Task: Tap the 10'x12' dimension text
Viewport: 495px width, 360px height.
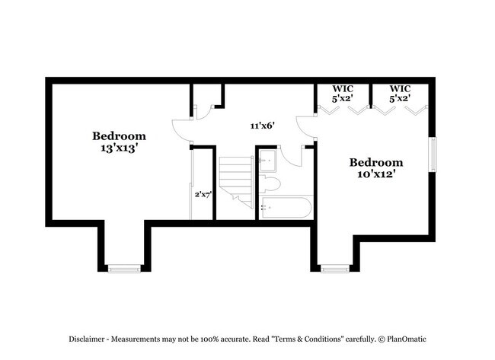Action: coord(375,174)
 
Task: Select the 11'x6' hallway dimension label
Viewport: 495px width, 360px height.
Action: coord(262,126)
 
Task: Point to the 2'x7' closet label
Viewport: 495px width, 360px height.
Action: coord(203,194)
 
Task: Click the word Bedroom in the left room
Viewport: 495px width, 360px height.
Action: coord(119,136)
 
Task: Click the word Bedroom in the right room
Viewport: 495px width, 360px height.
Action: coord(375,162)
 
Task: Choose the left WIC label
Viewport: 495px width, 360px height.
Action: coord(343,89)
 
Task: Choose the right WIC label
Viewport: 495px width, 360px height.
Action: coord(401,89)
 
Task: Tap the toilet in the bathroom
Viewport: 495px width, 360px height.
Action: coord(270,184)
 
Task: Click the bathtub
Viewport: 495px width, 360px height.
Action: coord(286,207)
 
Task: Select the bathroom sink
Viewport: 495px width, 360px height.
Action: coord(267,160)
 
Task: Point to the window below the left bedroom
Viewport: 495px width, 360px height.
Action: coord(124,268)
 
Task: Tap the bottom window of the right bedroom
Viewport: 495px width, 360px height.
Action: coord(335,268)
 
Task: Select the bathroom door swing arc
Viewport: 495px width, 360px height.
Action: coord(292,158)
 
